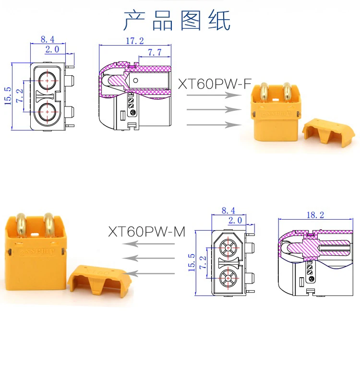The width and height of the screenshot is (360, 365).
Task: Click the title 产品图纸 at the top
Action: point(177,21)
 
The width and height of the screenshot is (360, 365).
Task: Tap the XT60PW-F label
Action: point(215,84)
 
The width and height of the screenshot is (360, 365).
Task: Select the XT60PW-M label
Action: point(147,232)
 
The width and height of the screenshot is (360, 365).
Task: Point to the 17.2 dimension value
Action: point(135,41)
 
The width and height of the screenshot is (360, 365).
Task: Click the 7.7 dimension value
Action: point(155,52)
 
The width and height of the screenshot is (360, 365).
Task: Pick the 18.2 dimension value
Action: point(315,215)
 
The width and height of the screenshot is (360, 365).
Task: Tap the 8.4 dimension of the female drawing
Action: point(48,39)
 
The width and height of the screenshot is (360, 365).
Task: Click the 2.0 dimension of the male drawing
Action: point(235,220)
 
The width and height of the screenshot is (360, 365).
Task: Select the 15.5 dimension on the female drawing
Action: point(8,96)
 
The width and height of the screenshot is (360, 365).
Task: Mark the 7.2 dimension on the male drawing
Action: point(203,262)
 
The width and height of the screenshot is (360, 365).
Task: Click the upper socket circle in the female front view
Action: point(48,81)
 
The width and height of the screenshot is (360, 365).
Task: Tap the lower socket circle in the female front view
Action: point(48,112)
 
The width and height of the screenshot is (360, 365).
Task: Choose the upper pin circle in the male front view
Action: point(228,248)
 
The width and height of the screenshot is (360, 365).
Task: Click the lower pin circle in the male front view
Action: point(228,278)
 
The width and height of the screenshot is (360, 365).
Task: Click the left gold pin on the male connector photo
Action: point(21,224)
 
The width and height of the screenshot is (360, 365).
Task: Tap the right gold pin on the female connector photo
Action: point(288,93)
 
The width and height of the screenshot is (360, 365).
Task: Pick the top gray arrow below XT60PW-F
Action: point(214,95)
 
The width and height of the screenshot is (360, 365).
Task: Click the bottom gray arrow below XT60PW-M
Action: point(148,273)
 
